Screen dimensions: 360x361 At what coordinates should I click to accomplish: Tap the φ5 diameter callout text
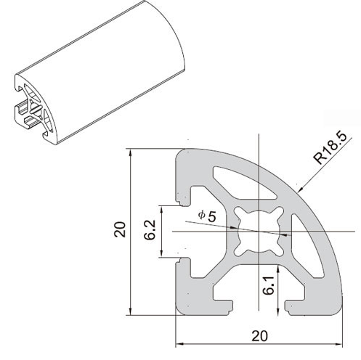(207, 216)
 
